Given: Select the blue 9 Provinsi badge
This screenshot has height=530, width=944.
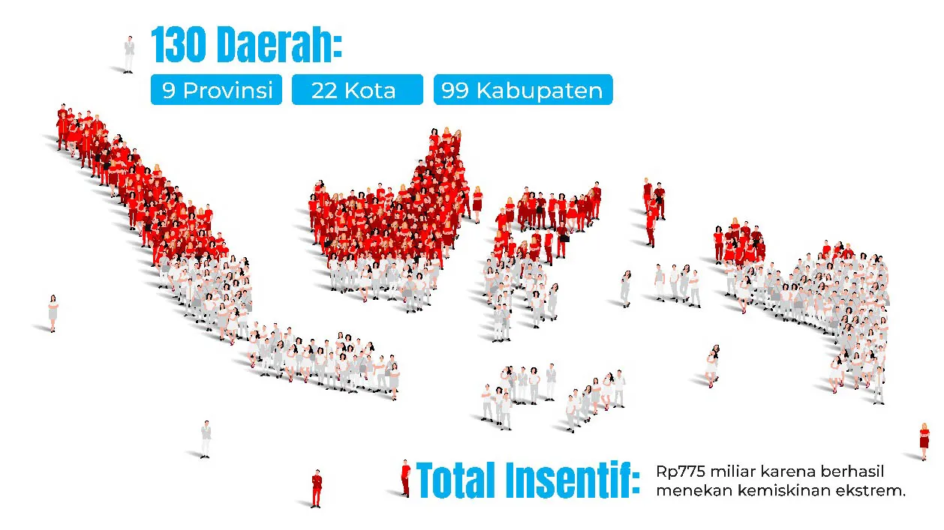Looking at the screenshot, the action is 216,90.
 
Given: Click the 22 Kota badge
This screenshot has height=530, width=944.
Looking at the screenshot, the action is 357,90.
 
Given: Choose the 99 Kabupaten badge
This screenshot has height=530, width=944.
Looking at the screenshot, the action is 523,90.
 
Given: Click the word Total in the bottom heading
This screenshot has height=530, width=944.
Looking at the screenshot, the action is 456,480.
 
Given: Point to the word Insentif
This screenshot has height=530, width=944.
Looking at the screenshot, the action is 569,480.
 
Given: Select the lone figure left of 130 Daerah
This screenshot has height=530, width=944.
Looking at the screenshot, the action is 129,55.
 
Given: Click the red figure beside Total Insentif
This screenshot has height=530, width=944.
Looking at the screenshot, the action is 405,478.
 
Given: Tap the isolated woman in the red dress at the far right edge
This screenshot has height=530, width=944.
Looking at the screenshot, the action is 924,442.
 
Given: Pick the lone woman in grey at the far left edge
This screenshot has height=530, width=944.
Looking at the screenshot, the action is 53,313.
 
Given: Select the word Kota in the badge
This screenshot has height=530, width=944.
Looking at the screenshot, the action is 370,91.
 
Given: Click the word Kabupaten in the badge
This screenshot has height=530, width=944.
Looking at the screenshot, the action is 540,91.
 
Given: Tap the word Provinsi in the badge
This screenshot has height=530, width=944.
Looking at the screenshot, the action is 228,91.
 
